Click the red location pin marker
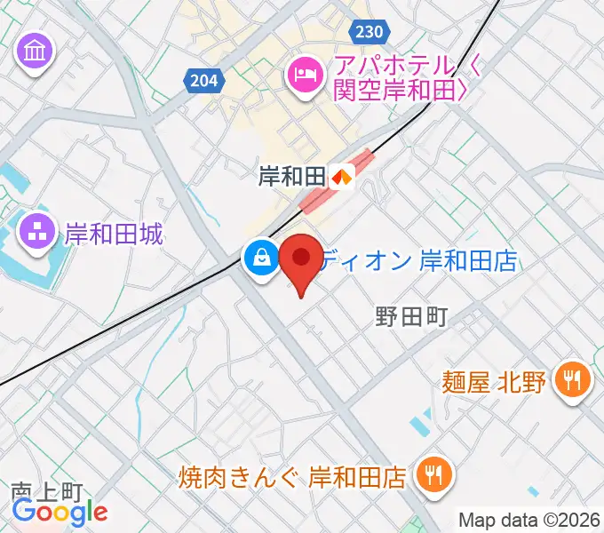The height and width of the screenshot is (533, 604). click(301, 259)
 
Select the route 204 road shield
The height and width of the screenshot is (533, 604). click(203, 81)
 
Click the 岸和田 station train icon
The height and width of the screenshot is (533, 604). click(342, 177)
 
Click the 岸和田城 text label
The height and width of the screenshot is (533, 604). click(115, 235)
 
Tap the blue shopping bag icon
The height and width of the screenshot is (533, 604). click(261, 259)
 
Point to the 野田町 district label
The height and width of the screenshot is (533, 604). click(409, 315)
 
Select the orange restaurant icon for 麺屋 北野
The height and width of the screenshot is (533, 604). click(568, 382)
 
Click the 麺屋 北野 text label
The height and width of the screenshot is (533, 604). click(493, 383)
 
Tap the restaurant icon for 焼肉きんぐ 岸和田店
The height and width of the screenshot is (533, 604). click(434, 476)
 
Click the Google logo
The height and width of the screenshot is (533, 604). click(60, 512)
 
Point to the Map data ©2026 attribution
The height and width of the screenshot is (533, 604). click(529, 520)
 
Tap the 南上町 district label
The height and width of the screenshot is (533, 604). click(46, 490)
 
